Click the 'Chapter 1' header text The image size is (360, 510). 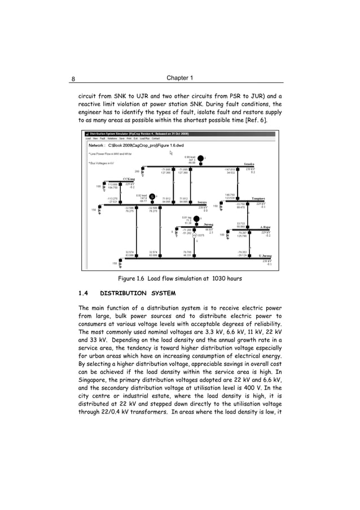pos(180,77)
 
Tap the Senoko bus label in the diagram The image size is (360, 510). pos(248,164)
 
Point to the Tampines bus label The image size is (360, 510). pos(259,199)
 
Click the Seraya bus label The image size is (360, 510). pos(201,202)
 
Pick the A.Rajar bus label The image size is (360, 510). pos(266,227)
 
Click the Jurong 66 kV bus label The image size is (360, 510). pos(208,224)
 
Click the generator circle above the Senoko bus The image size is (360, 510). pos(200,158)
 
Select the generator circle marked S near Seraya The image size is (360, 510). pos(152,197)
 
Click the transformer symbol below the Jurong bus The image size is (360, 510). pos(195,236)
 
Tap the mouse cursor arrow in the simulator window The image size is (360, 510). pos(172,152)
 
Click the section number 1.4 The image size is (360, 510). pos(83,293)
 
